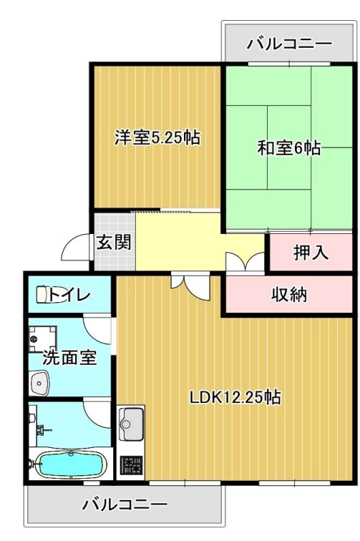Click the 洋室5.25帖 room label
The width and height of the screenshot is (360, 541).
tap(157, 137)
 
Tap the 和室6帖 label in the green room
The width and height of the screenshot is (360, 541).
tap(289, 148)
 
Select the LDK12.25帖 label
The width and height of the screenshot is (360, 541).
tap(235, 397)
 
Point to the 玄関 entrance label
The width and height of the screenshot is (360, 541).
tap(114, 242)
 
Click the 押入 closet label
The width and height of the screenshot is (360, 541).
tap(311, 252)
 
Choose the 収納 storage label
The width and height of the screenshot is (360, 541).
tap(288, 295)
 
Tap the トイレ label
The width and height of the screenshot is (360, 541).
tap(69, 294)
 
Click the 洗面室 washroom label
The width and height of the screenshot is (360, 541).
tap(69, 358)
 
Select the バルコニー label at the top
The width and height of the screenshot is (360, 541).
tap(289, 44)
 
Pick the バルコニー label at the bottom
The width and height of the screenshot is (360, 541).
tap(125, 505)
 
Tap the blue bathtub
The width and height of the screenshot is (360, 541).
tap(71, 464)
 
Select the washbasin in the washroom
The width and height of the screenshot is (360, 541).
tap(39, 383)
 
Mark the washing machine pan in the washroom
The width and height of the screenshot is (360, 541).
tap(42, 338)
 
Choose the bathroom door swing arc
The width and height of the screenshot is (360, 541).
tap(97, 414)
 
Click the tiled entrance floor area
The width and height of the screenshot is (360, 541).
tap(115, 242)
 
